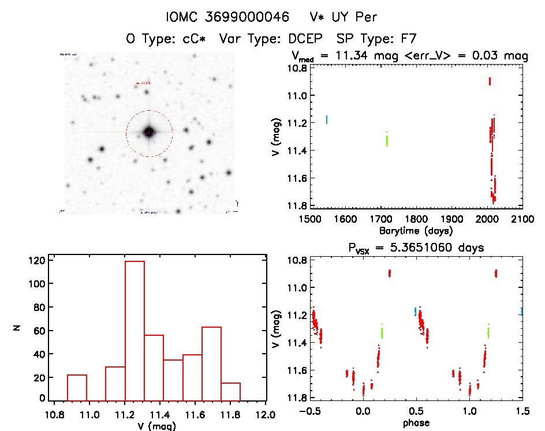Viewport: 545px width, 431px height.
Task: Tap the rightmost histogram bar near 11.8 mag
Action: point(230,391)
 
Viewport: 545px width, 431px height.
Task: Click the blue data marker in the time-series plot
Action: point(327,120)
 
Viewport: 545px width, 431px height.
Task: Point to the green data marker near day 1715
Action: point(387,140)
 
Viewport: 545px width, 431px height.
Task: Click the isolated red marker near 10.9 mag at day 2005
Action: point(490,81)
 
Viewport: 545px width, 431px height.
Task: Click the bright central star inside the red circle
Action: point(149,133)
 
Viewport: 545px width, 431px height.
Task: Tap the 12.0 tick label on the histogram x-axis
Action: point(266,414)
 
